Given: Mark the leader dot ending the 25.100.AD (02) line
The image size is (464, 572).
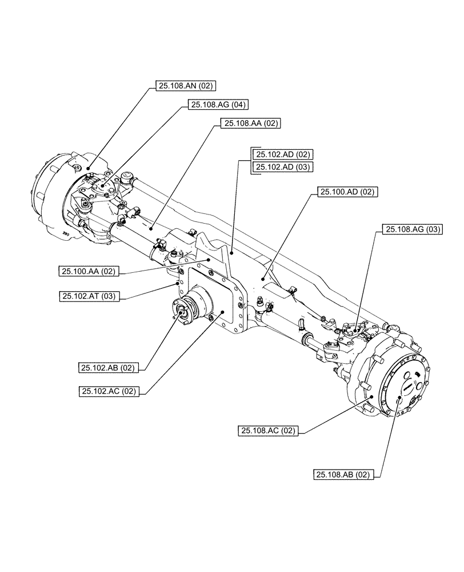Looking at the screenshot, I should tap(263, 279).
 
